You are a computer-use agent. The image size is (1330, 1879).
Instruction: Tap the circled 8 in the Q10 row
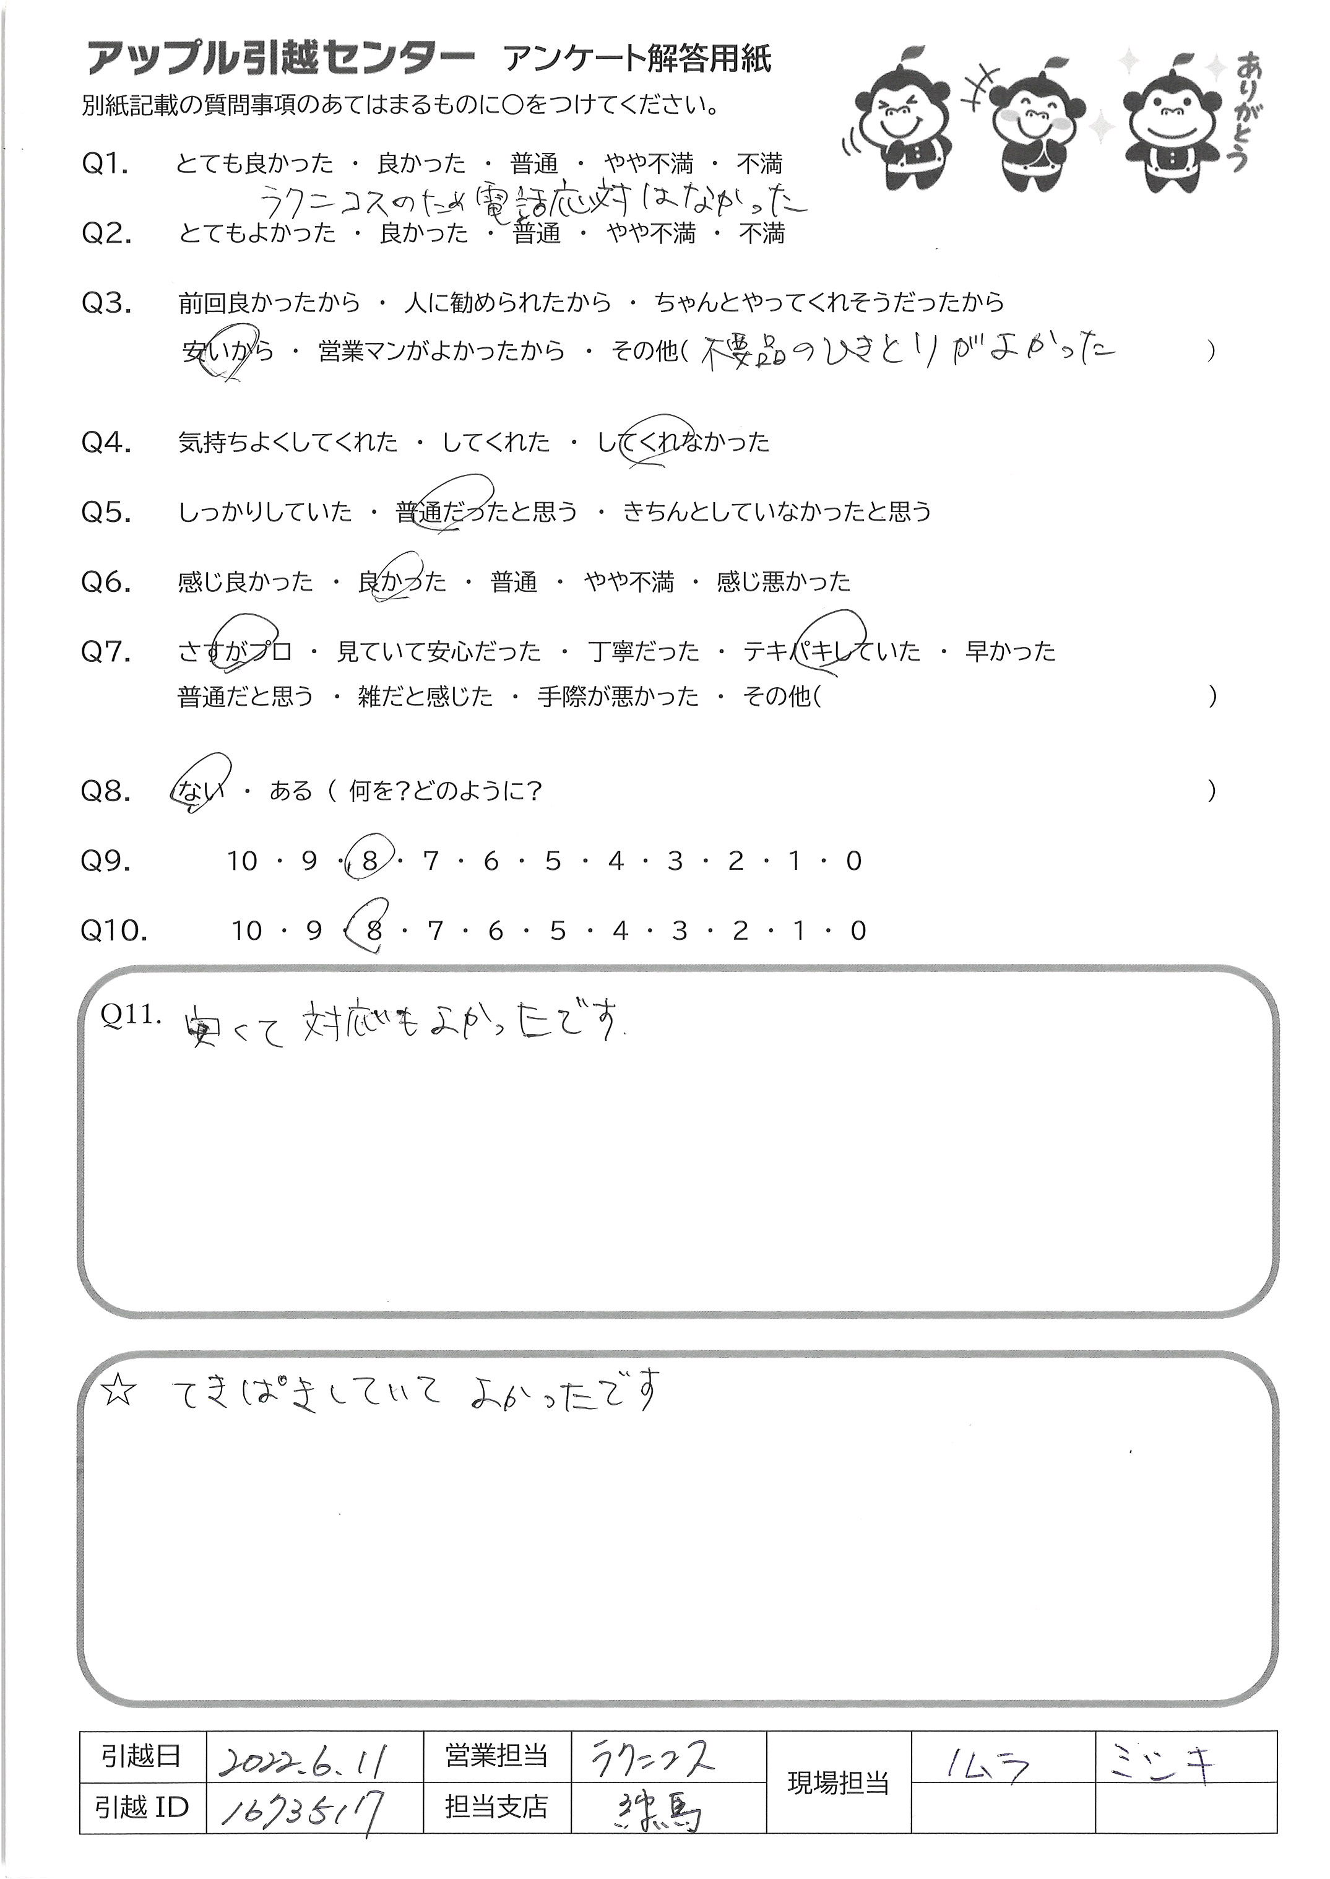coord(373,931)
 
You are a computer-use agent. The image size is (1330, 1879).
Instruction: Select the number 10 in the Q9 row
coord(243,861)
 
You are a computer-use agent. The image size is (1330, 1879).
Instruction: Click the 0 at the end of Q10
coord(857,931)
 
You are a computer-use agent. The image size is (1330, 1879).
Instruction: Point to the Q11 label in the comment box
coord(129,1014)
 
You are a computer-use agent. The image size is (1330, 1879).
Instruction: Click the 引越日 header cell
coord(141,1755)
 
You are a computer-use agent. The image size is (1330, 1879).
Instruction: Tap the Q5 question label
coord(106,512)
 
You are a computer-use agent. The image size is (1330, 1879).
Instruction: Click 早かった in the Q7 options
coord(1010,652)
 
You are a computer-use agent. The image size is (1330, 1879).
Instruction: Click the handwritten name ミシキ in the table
coord(1160,1755)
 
